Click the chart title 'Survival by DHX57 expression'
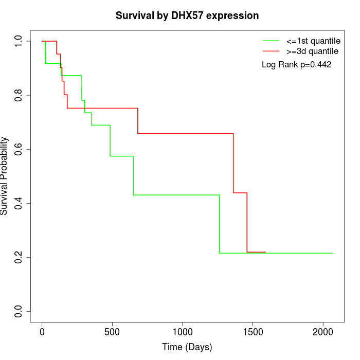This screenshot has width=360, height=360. pos(187,16)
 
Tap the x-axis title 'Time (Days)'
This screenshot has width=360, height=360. pos(187,347)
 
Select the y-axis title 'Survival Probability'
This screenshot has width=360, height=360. pos(5,176)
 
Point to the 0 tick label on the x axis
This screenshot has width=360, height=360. pos(42,332)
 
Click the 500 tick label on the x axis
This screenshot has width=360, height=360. pos(112,332)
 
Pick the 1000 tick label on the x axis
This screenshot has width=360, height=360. pos(183,332)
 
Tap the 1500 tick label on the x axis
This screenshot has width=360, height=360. pos(253,332)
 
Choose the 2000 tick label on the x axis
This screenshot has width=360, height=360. pos(323,332)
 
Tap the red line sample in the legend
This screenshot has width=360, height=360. pos(271,51)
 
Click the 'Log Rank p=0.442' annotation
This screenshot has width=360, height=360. pos(296,65)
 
